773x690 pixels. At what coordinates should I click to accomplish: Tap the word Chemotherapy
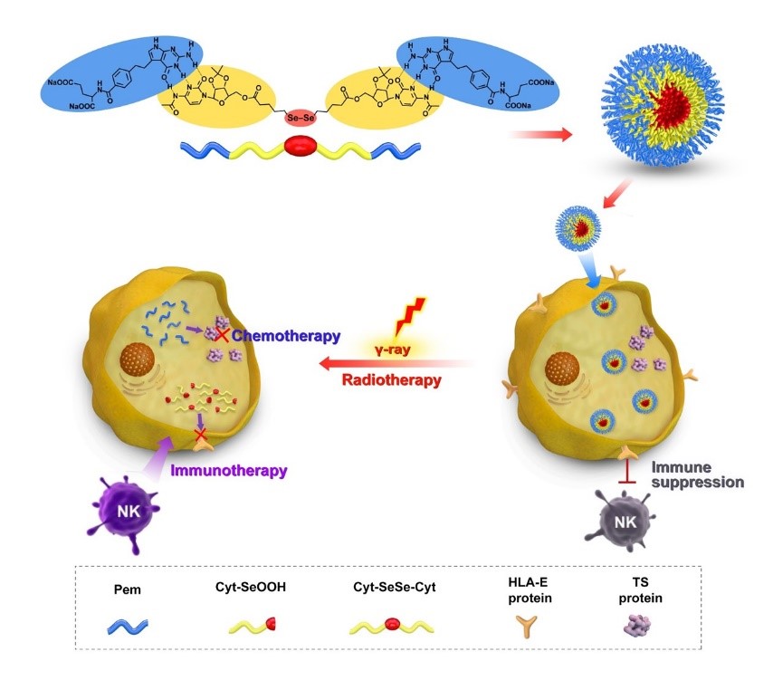[285, 336]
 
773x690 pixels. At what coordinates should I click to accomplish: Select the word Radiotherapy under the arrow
[391, 379]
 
